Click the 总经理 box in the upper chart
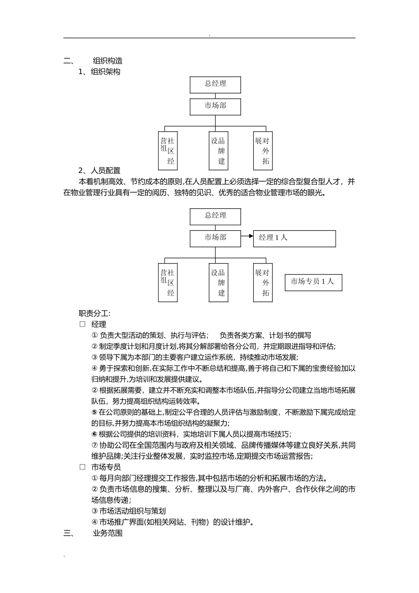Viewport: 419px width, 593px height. [x=215, y=85]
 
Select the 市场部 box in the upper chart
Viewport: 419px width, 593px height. [x=215, y=106]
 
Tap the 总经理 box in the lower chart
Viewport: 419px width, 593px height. [x=215, y=216]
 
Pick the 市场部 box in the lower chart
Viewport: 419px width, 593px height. [x=215, y=238]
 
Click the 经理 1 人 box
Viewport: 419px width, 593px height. [x=294, y=238]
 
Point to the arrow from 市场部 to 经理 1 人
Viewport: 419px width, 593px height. [x=247, y=236]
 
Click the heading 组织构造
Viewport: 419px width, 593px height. [x=108, y=61]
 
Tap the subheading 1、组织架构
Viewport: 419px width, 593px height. [x=99, y=71]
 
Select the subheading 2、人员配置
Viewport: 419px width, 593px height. [x=99, y=170]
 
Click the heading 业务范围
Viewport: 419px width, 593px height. [x=108, y=533]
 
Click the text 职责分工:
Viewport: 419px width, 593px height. [x=95, y=313]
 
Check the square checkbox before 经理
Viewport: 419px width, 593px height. [x=82, y=324]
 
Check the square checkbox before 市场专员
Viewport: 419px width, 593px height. [x=82, y=467]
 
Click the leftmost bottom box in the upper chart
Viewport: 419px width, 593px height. [x=168, y=150]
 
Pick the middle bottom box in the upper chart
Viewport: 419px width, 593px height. [x=218, y=150]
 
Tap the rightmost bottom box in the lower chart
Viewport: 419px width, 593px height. [x=263, y=282]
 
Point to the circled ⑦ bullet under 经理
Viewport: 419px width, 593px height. [x=94, y=445]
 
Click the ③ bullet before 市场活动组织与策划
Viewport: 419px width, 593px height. [x=94, y=511]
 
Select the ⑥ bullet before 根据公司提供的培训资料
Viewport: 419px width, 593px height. [x=94, y=434]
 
